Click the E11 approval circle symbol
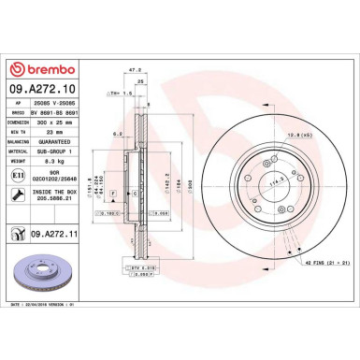click(x=19, y=175)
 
